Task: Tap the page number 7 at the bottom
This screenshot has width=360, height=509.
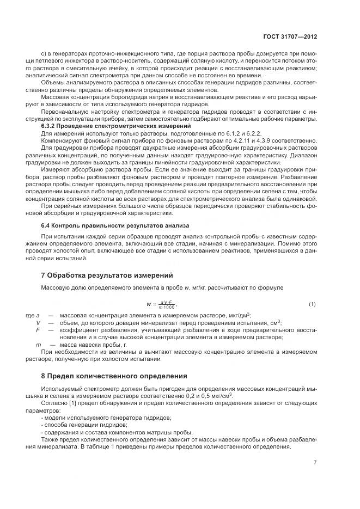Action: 315,462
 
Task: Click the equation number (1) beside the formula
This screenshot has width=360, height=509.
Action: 312,303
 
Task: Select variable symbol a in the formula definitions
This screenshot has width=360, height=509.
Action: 38,315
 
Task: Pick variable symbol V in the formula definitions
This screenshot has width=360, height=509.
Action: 38,322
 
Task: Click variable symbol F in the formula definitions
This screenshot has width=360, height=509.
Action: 38,329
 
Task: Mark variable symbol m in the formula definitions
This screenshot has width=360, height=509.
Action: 38,345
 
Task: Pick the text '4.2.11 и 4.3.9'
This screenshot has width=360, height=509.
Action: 257,140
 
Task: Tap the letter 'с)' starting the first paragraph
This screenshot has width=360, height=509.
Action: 44,54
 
